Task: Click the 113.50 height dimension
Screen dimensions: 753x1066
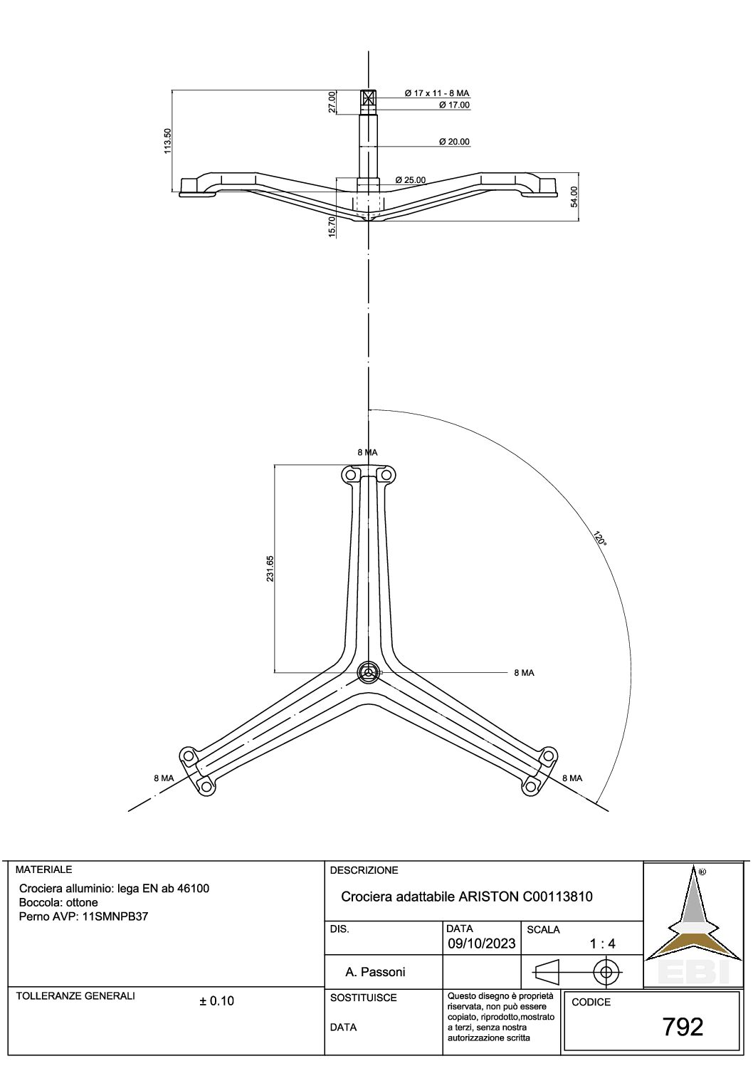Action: pos(167,141)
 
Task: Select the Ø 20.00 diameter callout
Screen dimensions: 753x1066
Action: pos(454,141)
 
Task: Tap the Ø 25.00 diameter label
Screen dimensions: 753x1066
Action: pos(411,180)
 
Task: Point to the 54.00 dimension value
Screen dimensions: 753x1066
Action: pos(574,197)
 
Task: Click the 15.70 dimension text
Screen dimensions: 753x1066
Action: pos(332,226)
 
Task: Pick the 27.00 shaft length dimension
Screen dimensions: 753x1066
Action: pos(332,102)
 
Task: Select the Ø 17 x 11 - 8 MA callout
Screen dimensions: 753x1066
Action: pos(437,93)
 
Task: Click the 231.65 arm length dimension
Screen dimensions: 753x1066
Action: pos(270,569)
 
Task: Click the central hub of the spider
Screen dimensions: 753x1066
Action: pos(369,672)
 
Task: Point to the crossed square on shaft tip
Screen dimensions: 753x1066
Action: pos(369,98)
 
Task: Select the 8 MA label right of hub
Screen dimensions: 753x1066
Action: pos(524,673)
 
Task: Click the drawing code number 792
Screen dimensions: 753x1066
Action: pos(683,1027)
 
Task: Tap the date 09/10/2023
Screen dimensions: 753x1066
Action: pos(482,943)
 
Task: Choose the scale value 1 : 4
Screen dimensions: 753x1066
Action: pos(603,944)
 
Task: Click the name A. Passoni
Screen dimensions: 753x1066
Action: pos(375,972)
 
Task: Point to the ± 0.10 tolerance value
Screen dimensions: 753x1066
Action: pos(216,1000)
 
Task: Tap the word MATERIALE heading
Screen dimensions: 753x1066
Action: pos(43,869)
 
